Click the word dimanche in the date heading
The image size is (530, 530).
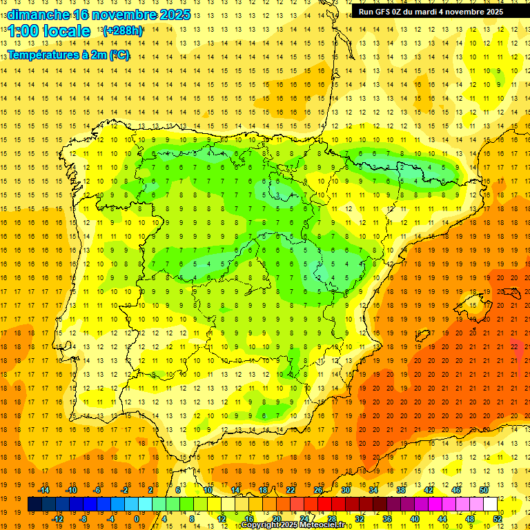tap(38, 14)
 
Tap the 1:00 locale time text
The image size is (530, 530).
tap(49, 31)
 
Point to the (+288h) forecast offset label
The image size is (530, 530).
tap(122, 31)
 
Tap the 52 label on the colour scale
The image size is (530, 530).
tap(498, 519)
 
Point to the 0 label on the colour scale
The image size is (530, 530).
tap(137, 519)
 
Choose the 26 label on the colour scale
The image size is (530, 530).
tap(318, 490)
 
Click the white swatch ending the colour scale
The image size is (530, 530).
tap(490, 504)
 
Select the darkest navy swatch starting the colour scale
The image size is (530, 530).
tap(35, 504)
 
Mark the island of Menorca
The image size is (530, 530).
tap(511, 290)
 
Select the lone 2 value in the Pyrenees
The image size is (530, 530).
tap(402, 167)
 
